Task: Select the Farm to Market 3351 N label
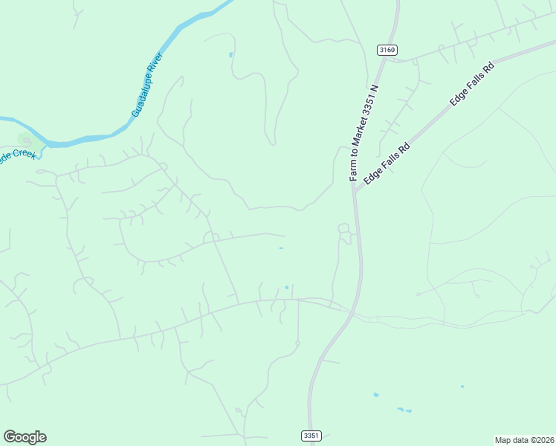[364, 133]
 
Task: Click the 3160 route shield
[387, 50]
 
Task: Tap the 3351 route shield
[311, 436]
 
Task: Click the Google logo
[25, 437]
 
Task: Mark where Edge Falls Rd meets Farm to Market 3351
[355, 191]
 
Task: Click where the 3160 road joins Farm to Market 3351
[386, 59]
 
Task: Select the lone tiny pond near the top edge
[231, 54]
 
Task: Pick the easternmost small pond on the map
[462, 387]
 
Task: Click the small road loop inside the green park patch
[28, 139]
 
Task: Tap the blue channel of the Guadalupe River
[89, 138]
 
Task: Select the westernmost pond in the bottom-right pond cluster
[375, 395]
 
